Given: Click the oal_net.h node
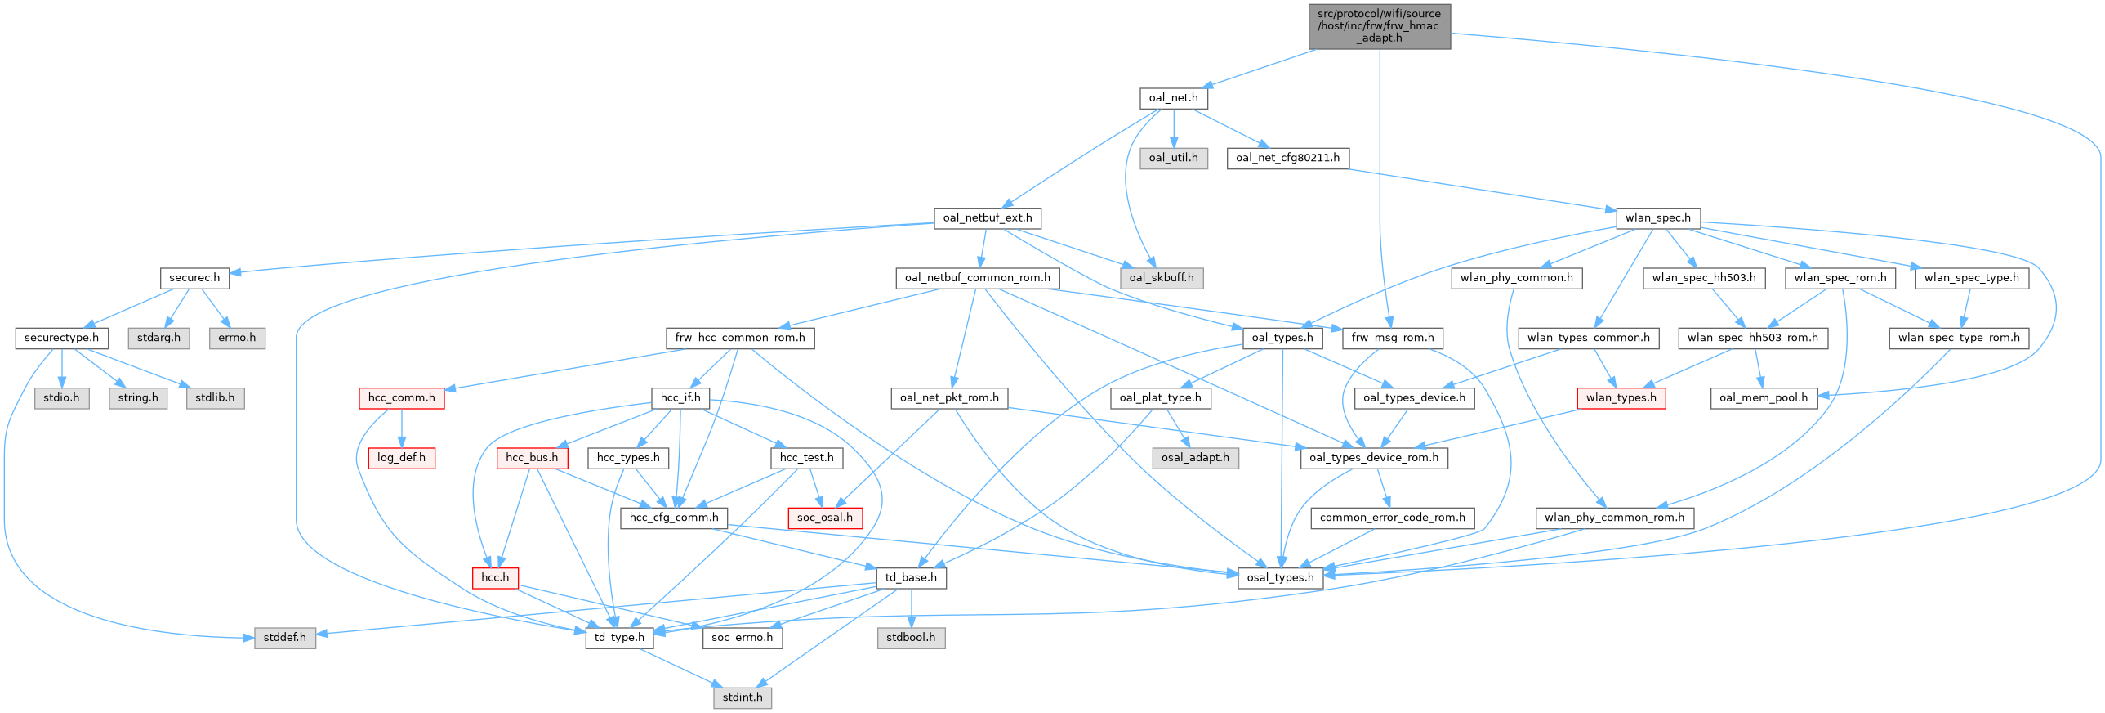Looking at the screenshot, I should (x=1173, y=98).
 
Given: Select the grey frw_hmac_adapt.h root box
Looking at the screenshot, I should (x=1380, y=26).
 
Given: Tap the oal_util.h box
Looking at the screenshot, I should (x=1173, y=158).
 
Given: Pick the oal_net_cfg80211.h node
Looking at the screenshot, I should (x=1287, y=158).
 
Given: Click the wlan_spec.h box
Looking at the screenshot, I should (x=1658, y=217).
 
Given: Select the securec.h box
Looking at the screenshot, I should (x=194, y=278).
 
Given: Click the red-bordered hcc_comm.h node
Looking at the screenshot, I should (x=401, y=398).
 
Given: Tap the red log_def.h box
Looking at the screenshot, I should (x=401, y=458).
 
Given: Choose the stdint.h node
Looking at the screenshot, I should (x=742, y=697).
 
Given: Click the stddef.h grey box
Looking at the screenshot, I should (x=284, y=637).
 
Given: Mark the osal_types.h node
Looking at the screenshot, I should (x=1281, y=577).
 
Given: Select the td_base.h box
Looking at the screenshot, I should (x=911, y=577).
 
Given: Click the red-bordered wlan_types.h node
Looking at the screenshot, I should (x=1621, y=398).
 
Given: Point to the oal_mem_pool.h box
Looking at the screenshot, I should (x=1764, y=398).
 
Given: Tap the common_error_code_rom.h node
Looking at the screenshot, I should (x=1393, y=518).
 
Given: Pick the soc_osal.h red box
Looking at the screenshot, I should (x=824, y=518).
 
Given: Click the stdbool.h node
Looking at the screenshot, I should (x=911, y=637).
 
